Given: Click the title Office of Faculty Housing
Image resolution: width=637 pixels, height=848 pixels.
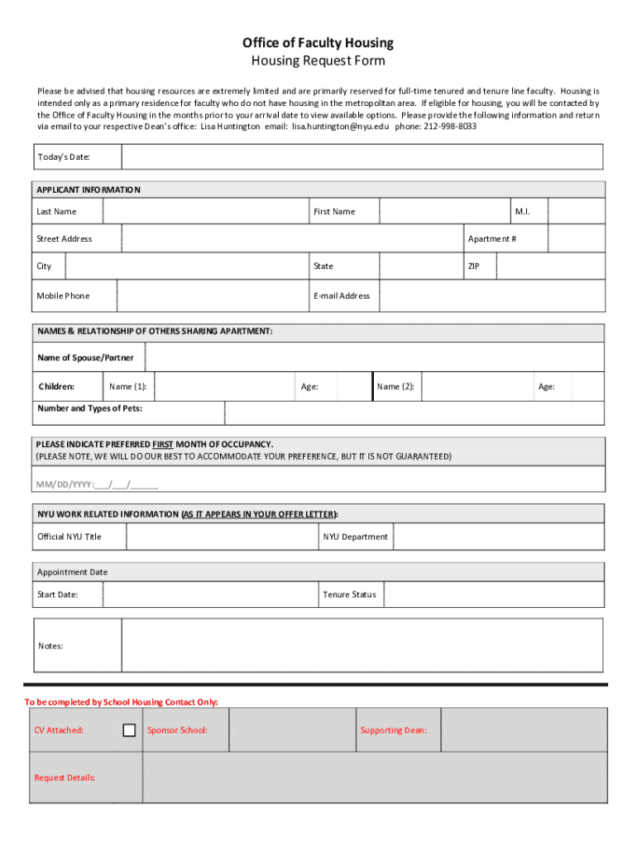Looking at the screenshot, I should click(x=318, y=43).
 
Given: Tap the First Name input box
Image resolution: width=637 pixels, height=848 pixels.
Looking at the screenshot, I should click(x=444, y=211).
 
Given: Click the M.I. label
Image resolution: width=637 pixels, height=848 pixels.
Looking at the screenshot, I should click(x=522, y=211).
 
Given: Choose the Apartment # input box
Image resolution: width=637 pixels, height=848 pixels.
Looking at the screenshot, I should click(x=576, y=238).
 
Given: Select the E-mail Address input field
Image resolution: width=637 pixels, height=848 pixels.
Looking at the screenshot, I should click(x=491, y=296).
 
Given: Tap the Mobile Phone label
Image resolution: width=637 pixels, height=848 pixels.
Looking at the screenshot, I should click(x=63, y=296).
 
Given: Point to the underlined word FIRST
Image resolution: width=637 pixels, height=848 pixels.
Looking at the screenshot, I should click(x=163, y=444).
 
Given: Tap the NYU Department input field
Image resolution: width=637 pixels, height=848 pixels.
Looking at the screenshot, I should click(x=499, y=537).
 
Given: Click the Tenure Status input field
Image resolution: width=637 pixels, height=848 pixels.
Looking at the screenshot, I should click(x=494, y=595).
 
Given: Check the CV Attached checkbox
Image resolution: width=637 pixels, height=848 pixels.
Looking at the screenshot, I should click(x=129, y=730).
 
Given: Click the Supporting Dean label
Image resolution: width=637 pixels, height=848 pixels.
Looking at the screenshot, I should click(x=393, y=730).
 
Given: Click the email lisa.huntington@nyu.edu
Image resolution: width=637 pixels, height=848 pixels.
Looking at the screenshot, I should click(x=340, y=127).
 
